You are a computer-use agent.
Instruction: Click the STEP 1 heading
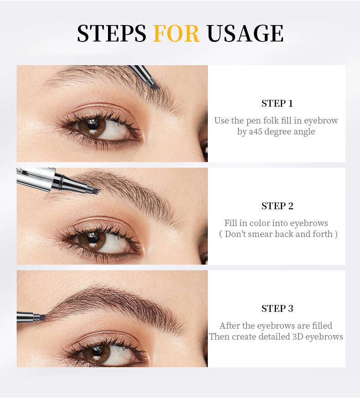pyautogui.click(x=277, y=103)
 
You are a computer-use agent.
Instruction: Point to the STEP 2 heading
pyautogui.click(x=277, y=206)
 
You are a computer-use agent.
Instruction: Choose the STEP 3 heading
pyautogui.click(x=277, y=309)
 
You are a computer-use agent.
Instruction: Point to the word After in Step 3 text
pyautogui.click(x=230, y=326)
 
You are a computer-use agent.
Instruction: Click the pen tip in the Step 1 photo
pyautogui.click(x=153, y=85)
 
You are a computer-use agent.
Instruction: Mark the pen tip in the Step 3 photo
pyautogui.click(x=42, y=316)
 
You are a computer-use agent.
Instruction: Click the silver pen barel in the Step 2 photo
pyautogui.click(x=36, y=178)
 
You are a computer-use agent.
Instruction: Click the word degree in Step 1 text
pyautogui.click(x=277, y=132)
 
